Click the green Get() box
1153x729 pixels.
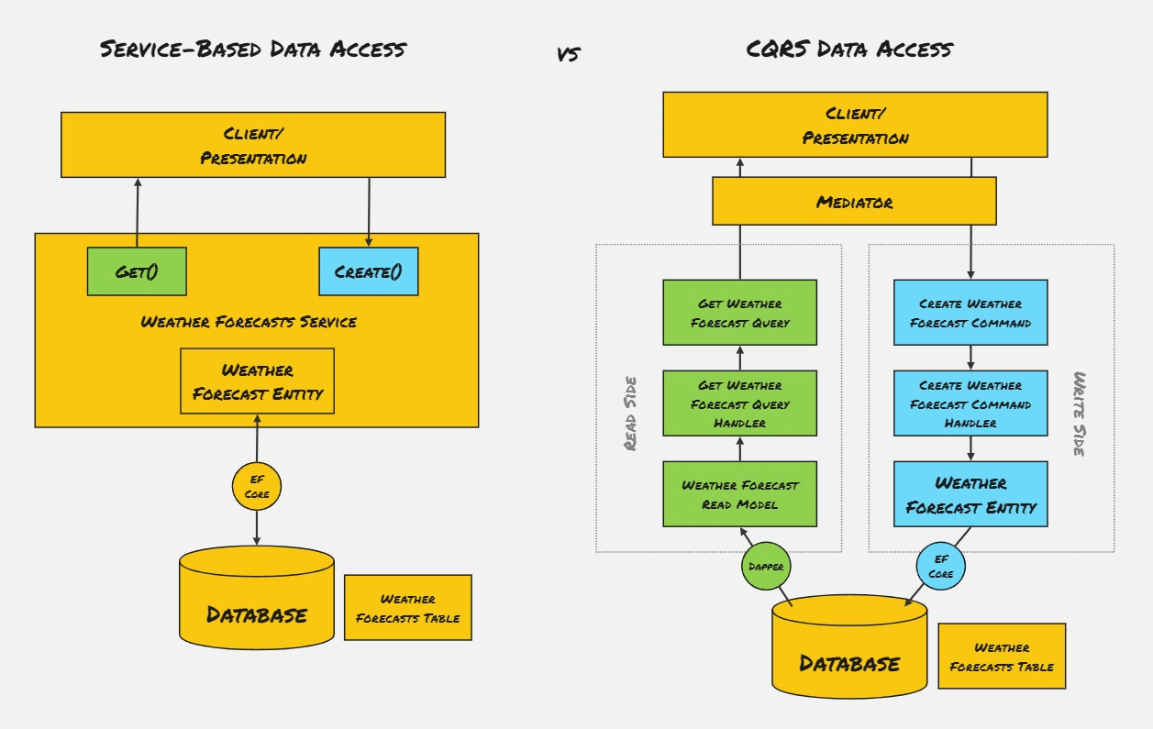click(137, 271)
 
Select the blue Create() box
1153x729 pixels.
click(368, 271)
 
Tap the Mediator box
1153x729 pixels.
click(854, 202)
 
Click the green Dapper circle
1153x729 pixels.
click(766, 567)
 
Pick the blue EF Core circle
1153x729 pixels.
click(941, 567)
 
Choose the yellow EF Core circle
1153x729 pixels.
click(256, 487)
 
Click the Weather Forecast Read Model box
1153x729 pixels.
click(739, 494)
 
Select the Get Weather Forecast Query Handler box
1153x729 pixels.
click(739, 404)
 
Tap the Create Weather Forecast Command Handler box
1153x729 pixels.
click(970, 404)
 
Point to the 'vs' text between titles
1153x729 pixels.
click(568, 54)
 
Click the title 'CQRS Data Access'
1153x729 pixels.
click(849, 49)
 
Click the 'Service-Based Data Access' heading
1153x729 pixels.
click(252, 49)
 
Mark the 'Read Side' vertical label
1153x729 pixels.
click(631, 412)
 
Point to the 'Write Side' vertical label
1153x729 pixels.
click(1081, 414)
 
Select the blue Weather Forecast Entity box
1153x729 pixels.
click(970, 494)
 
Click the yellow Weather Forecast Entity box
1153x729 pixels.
click(257, 381)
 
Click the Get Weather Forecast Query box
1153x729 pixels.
click(739, 313)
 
